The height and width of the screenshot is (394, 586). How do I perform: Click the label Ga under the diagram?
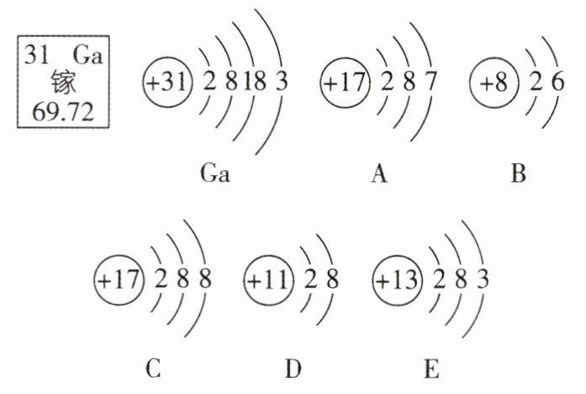click(x=215, y=175)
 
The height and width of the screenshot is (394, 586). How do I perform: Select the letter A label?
click(x=378, y=175)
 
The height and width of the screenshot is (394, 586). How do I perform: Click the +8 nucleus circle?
click(x=494, y=84)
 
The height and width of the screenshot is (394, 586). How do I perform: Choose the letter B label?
click(x=518, y=175)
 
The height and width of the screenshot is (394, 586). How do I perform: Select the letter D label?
click(x=293, y=369)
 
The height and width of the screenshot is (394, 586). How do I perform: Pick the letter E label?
click(x=432, y=369)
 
